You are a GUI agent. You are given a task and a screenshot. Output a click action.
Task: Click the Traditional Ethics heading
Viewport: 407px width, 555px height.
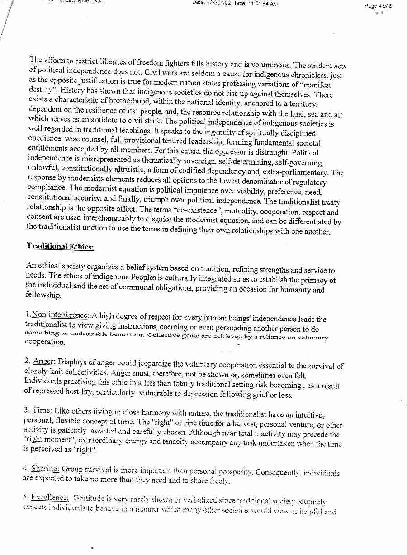coord(60,246)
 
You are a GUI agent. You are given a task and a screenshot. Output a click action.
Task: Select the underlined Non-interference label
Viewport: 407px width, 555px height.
coord(60,315)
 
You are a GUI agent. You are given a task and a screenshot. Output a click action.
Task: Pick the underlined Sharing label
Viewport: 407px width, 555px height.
coord(44,469)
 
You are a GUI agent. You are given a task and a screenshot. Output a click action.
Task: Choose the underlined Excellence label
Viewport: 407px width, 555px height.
coord(50,498)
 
